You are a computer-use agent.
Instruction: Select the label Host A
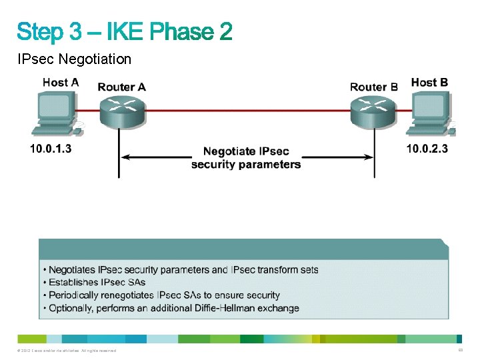click(x=60, y=83)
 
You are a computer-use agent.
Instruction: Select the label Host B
click(x=430, y=83)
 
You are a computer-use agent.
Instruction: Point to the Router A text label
click(x=122, y=87)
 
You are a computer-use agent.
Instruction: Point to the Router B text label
click(x=374, y=87)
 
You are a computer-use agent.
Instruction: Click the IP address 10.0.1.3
click(x=51, y=149)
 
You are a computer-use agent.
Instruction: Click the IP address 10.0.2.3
click(x=427, y=149)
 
